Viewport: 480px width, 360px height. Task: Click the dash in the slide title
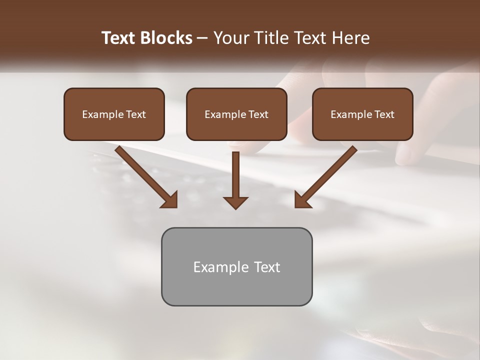pos(202,38)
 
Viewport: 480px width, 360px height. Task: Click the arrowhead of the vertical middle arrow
pos(235,202)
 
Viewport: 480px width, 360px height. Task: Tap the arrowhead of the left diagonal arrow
pos(170,200)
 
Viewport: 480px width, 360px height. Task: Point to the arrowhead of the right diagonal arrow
pos(302,200)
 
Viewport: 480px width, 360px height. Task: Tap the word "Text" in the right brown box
pos(384,114)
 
